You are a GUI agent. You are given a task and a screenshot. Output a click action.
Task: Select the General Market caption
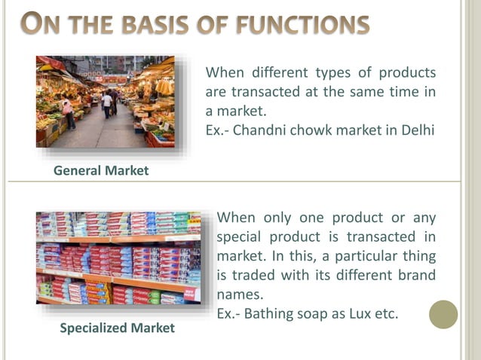pyautogui.click(x=101, y=171)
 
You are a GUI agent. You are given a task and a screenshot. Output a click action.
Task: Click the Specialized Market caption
pyautogui.click(x=117, y=328)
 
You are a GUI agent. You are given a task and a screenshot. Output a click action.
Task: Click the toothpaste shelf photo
pyautogui.click(x=118, y=258)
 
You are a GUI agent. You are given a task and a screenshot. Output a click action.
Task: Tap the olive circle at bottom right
pyautogui.click(x=443, y=314)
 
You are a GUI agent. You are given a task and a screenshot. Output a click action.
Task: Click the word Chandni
pyautogui.click(x=259, y=130)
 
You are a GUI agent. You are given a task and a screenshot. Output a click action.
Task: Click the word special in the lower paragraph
pyautogui.click(x=239, y=237)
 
